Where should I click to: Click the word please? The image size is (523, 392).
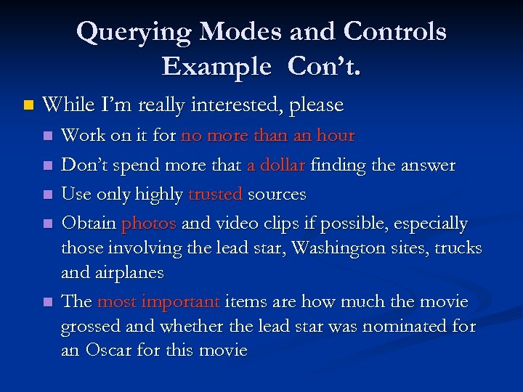[316, 105]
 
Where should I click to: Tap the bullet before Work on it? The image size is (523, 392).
[48, 136]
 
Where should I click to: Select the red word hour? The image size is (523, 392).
[335, 136]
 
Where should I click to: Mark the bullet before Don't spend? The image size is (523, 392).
[48, 166]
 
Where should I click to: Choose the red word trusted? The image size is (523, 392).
[216, 195]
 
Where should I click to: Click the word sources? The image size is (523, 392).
[277, 195]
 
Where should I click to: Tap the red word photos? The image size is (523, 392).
[149, 224]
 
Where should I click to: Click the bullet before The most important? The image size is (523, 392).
[48, 302]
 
